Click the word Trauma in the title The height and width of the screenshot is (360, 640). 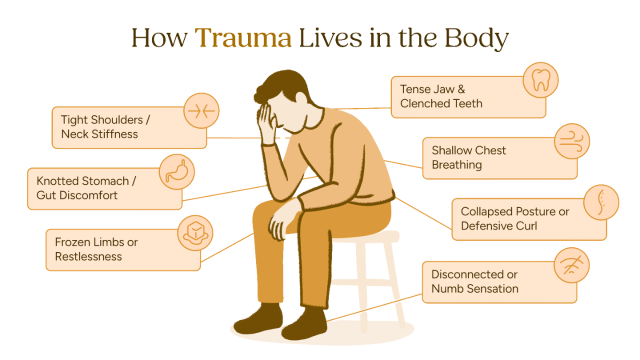point(243,38)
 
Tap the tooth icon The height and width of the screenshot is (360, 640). point(540,80)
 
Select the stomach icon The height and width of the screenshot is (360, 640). point(176,172)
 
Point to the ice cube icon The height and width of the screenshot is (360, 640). point(195,232)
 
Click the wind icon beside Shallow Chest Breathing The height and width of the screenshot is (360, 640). point(572,141)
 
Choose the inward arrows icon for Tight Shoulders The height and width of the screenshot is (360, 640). point(201,111)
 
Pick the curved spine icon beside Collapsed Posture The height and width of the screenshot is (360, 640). point(601,202)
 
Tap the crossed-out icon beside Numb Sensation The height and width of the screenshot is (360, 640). point(572,265)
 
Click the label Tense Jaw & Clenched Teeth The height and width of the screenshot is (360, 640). point(441,96)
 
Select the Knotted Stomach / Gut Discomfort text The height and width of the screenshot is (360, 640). point(82,188)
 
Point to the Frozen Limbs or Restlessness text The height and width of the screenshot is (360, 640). point(96,249)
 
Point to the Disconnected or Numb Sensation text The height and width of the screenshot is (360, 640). point(474,281)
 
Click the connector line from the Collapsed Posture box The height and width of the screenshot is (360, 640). point(423,212)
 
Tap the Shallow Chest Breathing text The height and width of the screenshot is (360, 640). point(468,157)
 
